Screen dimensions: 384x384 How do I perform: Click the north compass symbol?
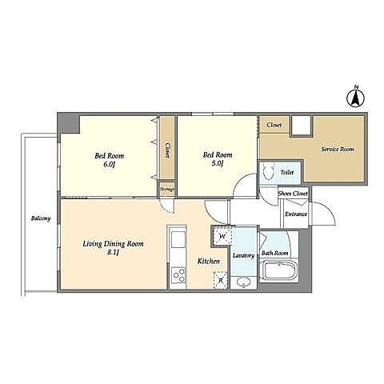355,98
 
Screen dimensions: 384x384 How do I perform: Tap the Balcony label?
41,218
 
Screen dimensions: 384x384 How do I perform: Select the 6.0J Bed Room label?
110,159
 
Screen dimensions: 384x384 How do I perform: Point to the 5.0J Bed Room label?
218,159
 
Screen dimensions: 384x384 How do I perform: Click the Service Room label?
338,149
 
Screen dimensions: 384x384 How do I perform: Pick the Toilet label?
287,172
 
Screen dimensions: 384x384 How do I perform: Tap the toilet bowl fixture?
269,171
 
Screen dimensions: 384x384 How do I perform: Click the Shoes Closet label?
293,194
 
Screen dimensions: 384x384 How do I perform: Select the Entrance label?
296,214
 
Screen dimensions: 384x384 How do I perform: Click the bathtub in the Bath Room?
280,270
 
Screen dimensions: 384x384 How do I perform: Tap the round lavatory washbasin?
243,282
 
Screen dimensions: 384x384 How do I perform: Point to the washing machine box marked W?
222,236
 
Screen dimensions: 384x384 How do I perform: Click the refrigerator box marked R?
221,280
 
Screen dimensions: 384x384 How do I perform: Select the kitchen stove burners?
178,275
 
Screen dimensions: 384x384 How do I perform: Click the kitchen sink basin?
178,239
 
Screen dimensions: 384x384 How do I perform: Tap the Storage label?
167,190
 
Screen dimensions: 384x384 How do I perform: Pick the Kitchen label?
209,262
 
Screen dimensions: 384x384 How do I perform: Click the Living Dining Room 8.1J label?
113,248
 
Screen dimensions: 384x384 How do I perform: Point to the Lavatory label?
243,256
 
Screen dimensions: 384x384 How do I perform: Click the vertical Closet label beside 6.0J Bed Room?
167,150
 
